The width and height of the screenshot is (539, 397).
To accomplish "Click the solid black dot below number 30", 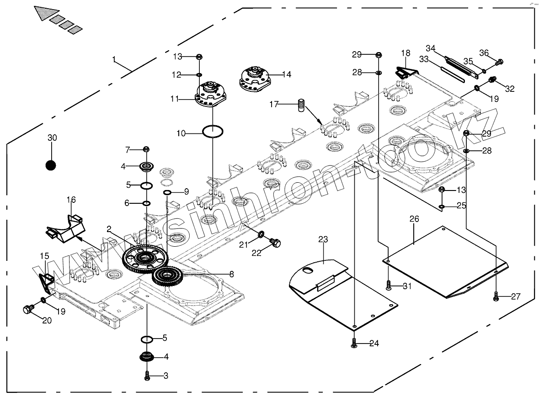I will click(x=51, y=165).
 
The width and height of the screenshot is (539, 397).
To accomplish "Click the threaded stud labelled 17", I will click(x=301, y=105).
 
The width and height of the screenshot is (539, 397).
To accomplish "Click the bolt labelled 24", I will click(x=355, y=343).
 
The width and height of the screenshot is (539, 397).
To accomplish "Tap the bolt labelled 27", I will click(x=496, y=296).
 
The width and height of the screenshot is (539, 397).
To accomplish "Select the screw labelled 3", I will click(x=147, y=376).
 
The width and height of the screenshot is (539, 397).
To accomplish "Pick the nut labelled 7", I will click(x=146, y=149).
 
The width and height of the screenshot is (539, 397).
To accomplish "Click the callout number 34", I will click(x=430, y=48).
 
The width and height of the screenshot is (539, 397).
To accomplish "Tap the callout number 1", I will click(x=114, y=59).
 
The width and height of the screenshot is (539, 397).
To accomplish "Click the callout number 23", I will click(x=323, y=239).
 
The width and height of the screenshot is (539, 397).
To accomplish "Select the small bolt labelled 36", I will click(x=499, y=61).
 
